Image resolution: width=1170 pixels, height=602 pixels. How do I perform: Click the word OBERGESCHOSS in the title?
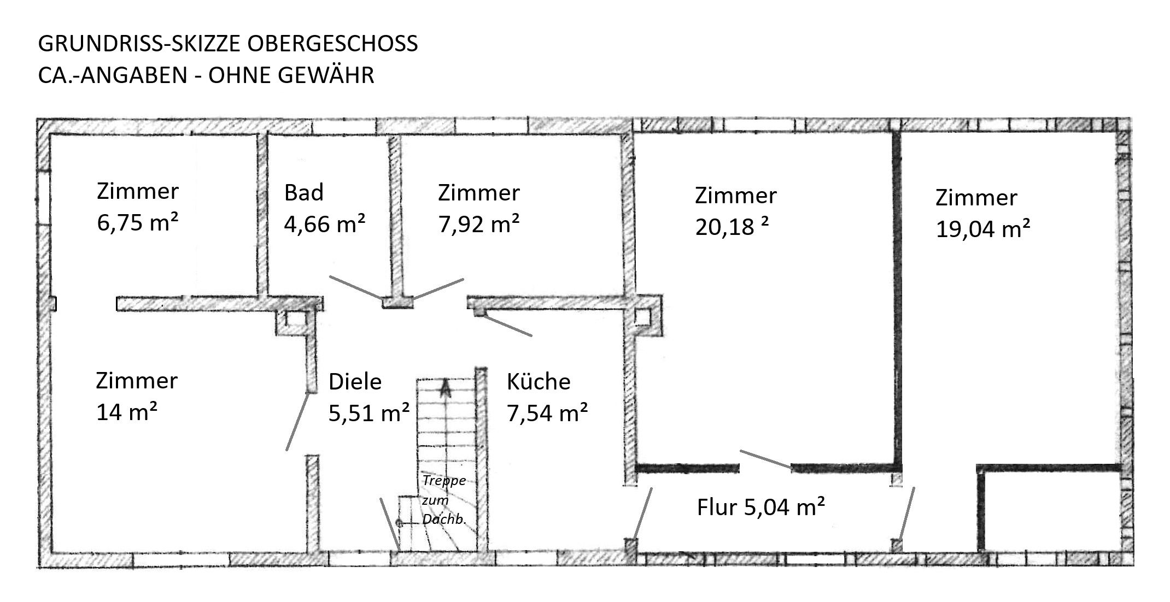pos(333,44)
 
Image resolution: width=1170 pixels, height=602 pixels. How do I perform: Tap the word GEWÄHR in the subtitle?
pos(326,74)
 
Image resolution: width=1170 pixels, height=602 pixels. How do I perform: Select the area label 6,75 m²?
pos(137,222)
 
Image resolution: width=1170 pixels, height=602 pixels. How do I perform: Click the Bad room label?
pos(304,192)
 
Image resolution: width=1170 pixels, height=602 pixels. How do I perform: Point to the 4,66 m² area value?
pos(325,223)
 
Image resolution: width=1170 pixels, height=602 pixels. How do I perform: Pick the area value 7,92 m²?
pos(479,223)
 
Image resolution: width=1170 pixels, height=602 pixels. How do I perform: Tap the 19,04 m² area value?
pos(983,228)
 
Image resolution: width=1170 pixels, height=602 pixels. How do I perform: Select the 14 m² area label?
pos(127,412)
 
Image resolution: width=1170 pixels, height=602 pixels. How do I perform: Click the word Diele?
pos(355,381)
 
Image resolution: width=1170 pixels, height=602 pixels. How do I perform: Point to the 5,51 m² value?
pos(369,413)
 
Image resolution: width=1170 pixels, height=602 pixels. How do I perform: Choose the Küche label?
pos(539,381)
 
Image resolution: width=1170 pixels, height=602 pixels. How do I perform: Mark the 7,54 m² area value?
pos(547,413)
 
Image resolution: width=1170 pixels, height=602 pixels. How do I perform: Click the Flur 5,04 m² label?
pos(760,507)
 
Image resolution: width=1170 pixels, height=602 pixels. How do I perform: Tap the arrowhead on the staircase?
pos(446,388)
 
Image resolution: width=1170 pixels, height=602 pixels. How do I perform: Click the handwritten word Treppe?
pos(444,481)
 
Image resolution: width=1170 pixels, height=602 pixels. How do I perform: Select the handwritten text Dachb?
pos(444,520)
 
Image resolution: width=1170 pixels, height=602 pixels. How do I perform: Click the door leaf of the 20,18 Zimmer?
pos(766,459)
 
